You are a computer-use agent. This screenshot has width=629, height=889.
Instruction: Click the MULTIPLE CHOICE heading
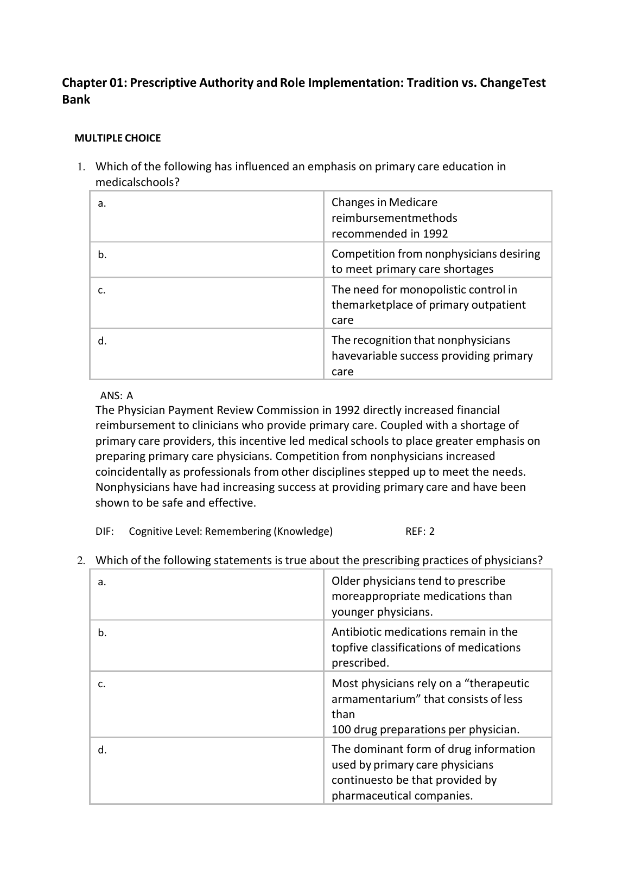(x=117, y=138)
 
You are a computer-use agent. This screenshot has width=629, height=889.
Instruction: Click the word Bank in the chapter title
(x=76, y=100)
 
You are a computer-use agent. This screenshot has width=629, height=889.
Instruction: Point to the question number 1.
(x=81, y=167)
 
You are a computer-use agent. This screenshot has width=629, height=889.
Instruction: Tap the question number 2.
(x=81, y=561)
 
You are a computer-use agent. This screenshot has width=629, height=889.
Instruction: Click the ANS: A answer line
(x=117, y=396)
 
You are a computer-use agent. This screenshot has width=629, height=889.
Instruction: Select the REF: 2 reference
(x=420, y=532)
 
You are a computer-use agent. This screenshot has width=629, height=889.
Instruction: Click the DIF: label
(x=105, y=532)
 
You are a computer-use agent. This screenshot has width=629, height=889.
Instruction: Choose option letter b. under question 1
(x=102, y=255)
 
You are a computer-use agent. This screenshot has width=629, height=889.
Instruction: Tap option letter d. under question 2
(x=102, y=750)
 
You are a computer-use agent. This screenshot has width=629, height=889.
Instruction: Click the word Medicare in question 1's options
(x=413, y=203)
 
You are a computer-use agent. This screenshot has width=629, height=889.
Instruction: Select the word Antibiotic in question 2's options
(x=358, y=632)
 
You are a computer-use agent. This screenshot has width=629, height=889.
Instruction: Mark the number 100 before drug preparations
(x=341, y=730)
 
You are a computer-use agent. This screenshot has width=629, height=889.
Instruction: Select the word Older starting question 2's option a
(x=346, y=581)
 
